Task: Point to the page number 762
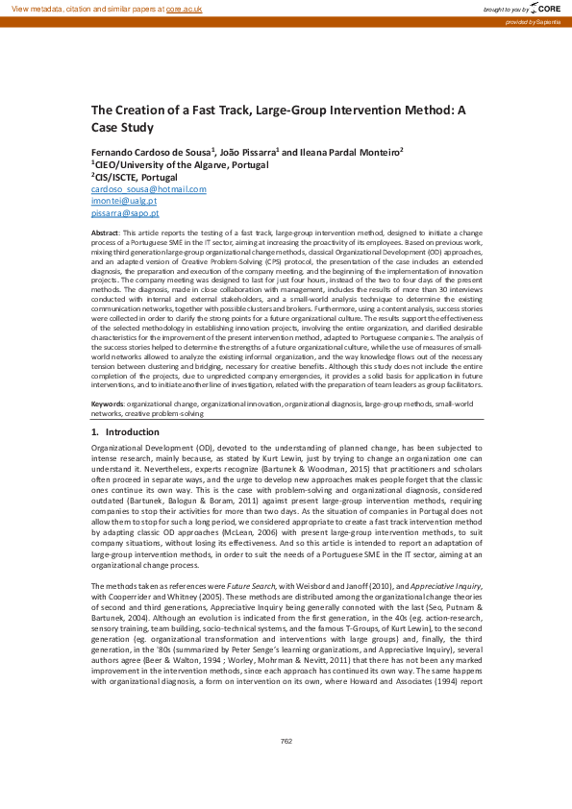pos(286,741)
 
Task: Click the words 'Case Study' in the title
pos(122,126)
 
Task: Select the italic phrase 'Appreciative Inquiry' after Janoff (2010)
pos(457,585)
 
